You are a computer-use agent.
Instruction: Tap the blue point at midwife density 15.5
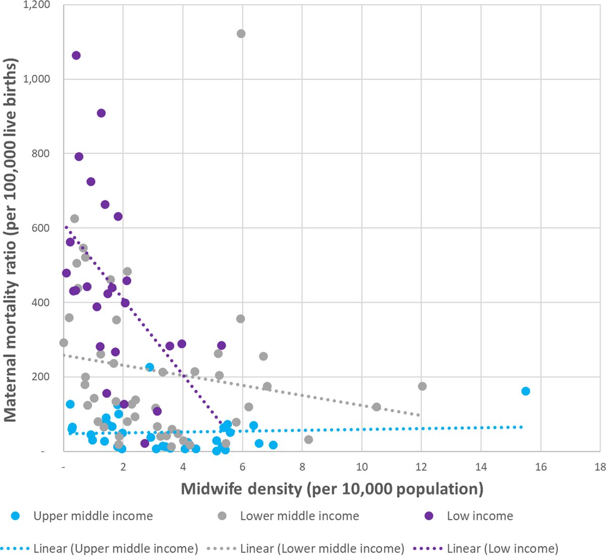pyautogui.click(x=526, y=391)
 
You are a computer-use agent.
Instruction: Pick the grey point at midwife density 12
pyautogui.click(x=422, y=386)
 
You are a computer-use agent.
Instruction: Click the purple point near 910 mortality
pyautogui.click(x=101, y=113)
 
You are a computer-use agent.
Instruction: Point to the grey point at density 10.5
pyautogui.click(x=376, y=407)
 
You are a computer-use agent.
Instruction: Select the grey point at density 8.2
pyautogui.click(x=309, y=440)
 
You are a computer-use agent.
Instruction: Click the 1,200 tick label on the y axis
pyautogui.click(x=36, y=5)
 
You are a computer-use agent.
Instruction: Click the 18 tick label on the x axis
pyautogui.click(x=600, y=467)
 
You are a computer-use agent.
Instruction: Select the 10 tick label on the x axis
pyautogui.click(x=362, y=467)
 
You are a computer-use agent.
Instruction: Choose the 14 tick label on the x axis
pyautogui.click(x=481, y=467)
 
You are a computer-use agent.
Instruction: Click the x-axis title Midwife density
pyautogui.click(x=332, y=489)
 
